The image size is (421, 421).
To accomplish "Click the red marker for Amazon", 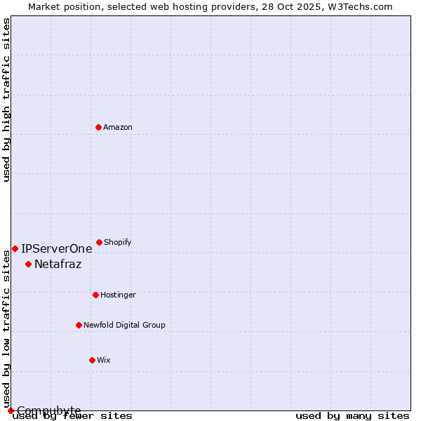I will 98,127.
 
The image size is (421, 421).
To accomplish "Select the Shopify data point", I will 99,242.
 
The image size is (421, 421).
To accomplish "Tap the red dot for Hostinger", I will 95,295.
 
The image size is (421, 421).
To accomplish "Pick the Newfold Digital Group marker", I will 79,325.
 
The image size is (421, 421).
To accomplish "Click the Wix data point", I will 92,360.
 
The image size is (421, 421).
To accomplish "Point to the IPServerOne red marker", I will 15,248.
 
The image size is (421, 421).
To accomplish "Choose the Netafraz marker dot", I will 28,264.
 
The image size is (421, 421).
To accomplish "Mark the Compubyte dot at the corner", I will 11,410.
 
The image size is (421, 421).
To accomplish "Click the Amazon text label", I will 118,127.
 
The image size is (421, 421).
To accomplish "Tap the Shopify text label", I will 118,242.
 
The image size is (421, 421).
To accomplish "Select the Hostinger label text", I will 118,295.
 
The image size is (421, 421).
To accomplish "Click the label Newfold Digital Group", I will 124,325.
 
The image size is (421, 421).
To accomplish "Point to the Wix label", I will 104,360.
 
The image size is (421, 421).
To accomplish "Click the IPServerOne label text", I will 57,248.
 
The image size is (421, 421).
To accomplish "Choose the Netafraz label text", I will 58,265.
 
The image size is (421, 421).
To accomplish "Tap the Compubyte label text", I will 49,410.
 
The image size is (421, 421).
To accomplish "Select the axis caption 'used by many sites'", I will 352,415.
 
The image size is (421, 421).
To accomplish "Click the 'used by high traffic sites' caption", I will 6,100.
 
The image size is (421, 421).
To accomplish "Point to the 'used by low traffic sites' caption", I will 6,330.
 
